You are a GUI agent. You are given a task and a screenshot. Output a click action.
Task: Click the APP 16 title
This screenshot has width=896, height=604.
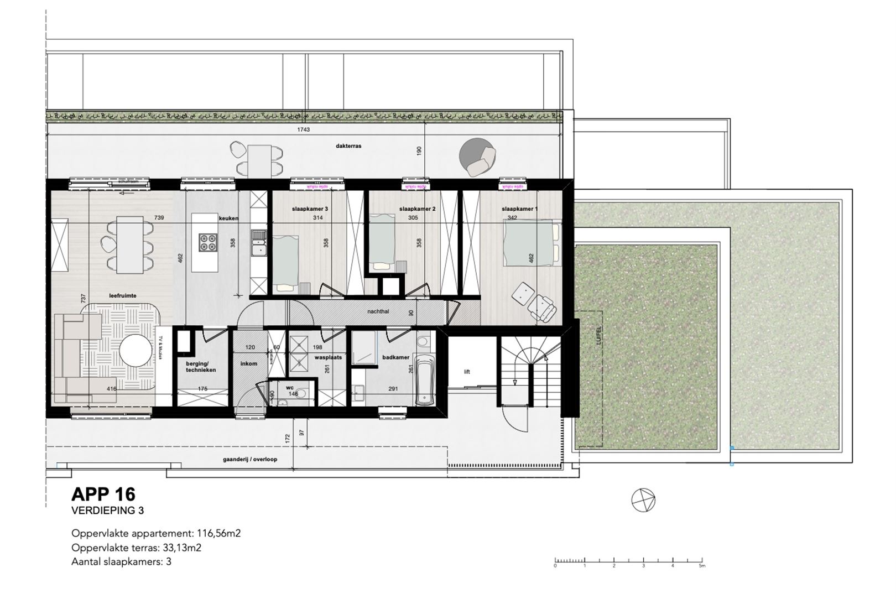coord(103,493)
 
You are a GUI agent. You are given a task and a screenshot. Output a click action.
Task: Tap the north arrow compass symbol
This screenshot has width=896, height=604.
coord(643,501)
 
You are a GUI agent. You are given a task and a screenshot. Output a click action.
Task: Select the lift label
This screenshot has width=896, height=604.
coord(467,372)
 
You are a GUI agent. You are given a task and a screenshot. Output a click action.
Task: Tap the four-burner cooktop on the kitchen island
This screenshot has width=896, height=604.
coord(207,242)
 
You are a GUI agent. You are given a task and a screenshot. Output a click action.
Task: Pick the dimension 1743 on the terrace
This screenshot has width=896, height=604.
coord(303,130)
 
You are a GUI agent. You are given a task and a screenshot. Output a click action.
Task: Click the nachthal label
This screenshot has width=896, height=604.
coord(378,311)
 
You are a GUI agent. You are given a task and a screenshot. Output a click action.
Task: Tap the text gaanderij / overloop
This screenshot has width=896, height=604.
coord(250,459)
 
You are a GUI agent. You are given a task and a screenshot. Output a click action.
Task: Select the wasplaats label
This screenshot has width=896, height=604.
coord(328,357)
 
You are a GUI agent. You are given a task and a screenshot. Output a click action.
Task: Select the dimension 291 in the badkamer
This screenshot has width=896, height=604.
coord(393,389)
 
